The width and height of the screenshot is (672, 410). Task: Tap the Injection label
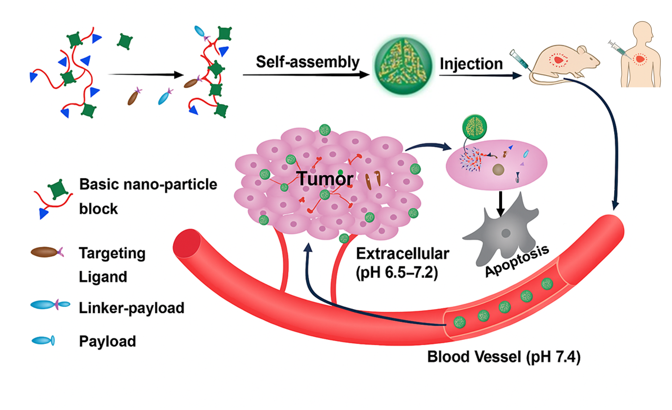tap(471, 64)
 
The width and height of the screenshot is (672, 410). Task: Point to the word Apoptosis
tap(517, 261)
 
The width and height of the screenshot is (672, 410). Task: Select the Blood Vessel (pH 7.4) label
tap(504, 357)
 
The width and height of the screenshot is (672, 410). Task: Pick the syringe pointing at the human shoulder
tap(618, 49)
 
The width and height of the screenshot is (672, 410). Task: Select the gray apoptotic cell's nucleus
tap(506, 233)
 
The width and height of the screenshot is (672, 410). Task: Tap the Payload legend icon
tap(43, 341)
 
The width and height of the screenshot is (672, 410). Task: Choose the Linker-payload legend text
tap(131, 308)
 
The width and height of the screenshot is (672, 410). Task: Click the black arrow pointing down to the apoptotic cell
tap(500, 203)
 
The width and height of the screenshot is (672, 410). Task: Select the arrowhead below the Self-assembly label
tap(364, 74)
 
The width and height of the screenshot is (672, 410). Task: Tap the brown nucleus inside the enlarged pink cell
tap(498, 170)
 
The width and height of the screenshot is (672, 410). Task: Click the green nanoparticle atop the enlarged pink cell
tap(475, 127)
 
